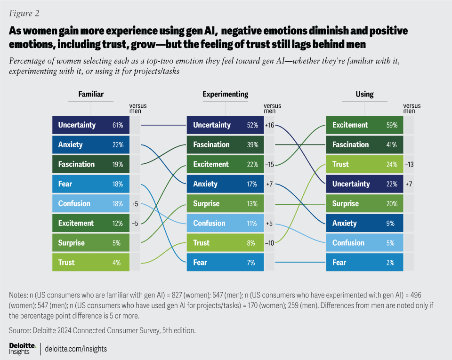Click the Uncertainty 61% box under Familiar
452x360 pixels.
click(x=91, y=125)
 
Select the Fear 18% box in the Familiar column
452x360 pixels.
click(x=91, y=184)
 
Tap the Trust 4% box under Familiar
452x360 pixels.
click(x=91, y=263)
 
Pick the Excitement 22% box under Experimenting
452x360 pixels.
click(x=225, y=164)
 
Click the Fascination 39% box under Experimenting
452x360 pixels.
click(x=225, y=145)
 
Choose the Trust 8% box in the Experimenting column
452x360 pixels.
click(x=225, y=243)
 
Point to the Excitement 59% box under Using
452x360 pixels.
click(x=364, y=125)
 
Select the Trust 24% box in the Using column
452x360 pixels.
click(x=364, y=164)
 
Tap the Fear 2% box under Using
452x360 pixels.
click(x=364, y=263)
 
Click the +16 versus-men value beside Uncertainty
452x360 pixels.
click(x=269, y=125)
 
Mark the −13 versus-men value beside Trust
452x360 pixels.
click(x=410, y=165)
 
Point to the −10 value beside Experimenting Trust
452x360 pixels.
click(x=269, y=243)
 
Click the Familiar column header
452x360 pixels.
click(x=91, y=94)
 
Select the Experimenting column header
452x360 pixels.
click(x=225, y=94)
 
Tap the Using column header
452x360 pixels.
click(x=364, y=94)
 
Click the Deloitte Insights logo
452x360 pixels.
click(x=23, y=349)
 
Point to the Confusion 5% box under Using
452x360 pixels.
click(x=364, y=243)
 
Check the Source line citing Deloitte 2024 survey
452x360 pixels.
click(x=102, y=330)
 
